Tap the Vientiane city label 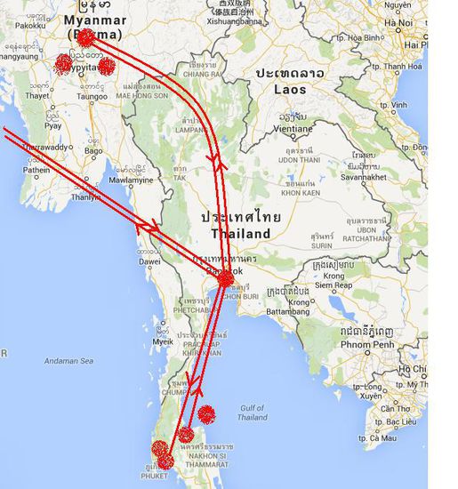pos(300,128)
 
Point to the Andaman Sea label pos(68,361)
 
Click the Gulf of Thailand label pos(253,413)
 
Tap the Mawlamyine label pos(135,180)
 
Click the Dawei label pos(149,261)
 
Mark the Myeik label pos(163,341)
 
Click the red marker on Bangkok pos(226,279)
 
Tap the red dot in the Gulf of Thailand pos(206,413)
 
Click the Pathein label pos(36,169)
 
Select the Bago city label pos(93,151)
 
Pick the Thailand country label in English pos(240,233)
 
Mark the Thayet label pos(37,95)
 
